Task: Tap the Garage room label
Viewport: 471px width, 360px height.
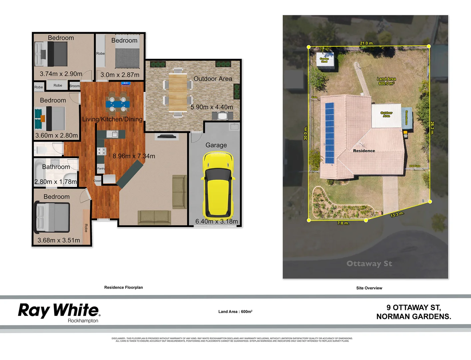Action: [216, 145]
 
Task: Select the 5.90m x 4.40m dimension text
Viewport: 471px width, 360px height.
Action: [212, 107]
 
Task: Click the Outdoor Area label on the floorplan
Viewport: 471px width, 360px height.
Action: [213, 79]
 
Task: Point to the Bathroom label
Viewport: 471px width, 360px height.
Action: [56, 167]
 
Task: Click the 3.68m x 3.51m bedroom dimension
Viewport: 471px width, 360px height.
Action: [59, 240]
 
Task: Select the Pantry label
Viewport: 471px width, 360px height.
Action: [101, 168]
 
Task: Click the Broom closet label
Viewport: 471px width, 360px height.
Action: [75, 86]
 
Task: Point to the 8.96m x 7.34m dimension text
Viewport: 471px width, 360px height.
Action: [134, 156]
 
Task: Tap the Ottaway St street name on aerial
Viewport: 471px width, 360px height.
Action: [369, 264]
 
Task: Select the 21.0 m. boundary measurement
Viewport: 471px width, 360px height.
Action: [367, 43]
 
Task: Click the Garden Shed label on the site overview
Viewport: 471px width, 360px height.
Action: [324, 60]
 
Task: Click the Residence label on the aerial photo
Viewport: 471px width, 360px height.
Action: [364, 151]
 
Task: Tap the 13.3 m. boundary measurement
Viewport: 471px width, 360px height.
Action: [397, 214]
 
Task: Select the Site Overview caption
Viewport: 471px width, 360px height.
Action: [369, 288]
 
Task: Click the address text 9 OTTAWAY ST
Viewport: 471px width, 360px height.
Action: [413, 307]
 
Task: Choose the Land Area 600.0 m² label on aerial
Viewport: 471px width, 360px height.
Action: [386, 81]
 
